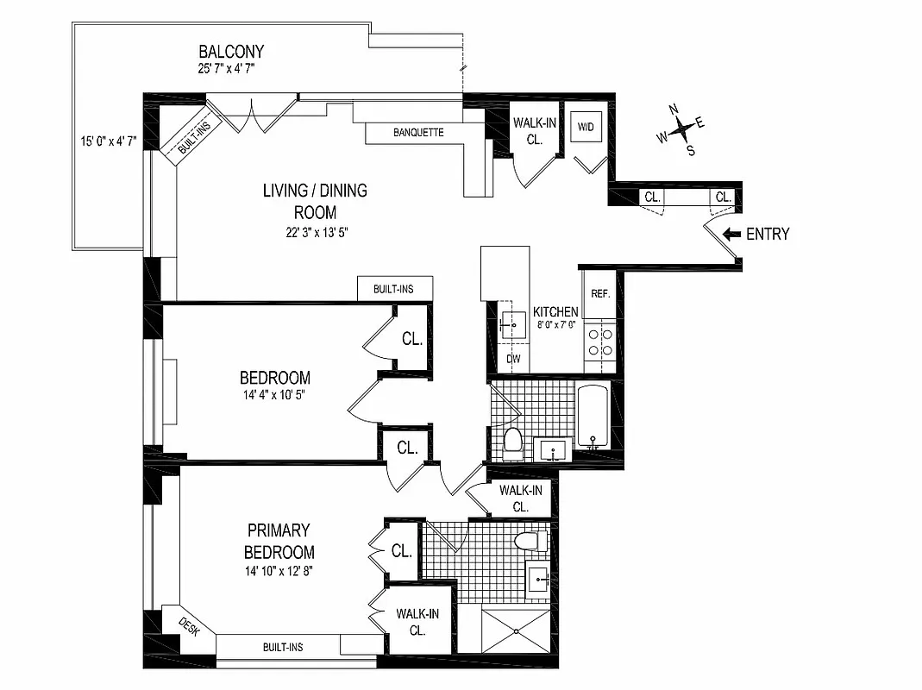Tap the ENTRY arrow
coord(731,234)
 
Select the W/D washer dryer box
coord(586,128)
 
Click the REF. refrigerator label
coord(600,293)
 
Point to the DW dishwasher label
coord(512,359)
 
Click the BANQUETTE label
coord(418,133)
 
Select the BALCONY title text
coord(231,52)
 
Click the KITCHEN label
coord(555,311)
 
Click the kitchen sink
coord(511,324)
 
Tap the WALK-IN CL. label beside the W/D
coord(535,130)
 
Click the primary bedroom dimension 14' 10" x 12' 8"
coord(279,571)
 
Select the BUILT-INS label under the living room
coord(393,289)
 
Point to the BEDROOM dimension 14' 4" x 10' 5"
coord(274,397)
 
